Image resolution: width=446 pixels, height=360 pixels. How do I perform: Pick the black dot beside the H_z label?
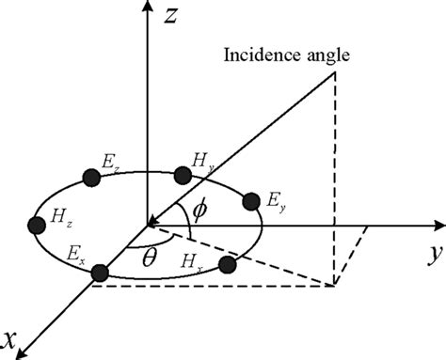(38, 226)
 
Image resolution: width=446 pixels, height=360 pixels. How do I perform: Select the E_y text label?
(274, 201)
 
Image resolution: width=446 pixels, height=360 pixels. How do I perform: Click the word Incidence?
(252, 55)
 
